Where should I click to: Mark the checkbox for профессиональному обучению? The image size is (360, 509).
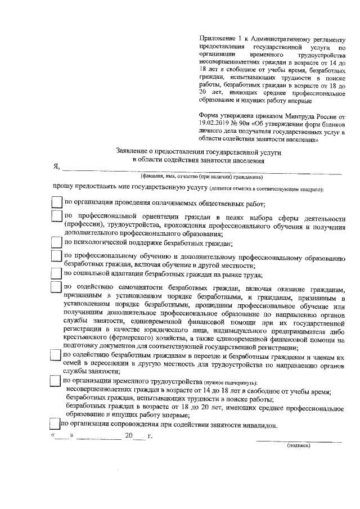(56, 257)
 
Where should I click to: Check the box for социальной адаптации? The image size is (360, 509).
(56, 274)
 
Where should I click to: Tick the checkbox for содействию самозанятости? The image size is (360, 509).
(56, 287)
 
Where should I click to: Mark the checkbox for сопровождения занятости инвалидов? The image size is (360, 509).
(54, 426)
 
